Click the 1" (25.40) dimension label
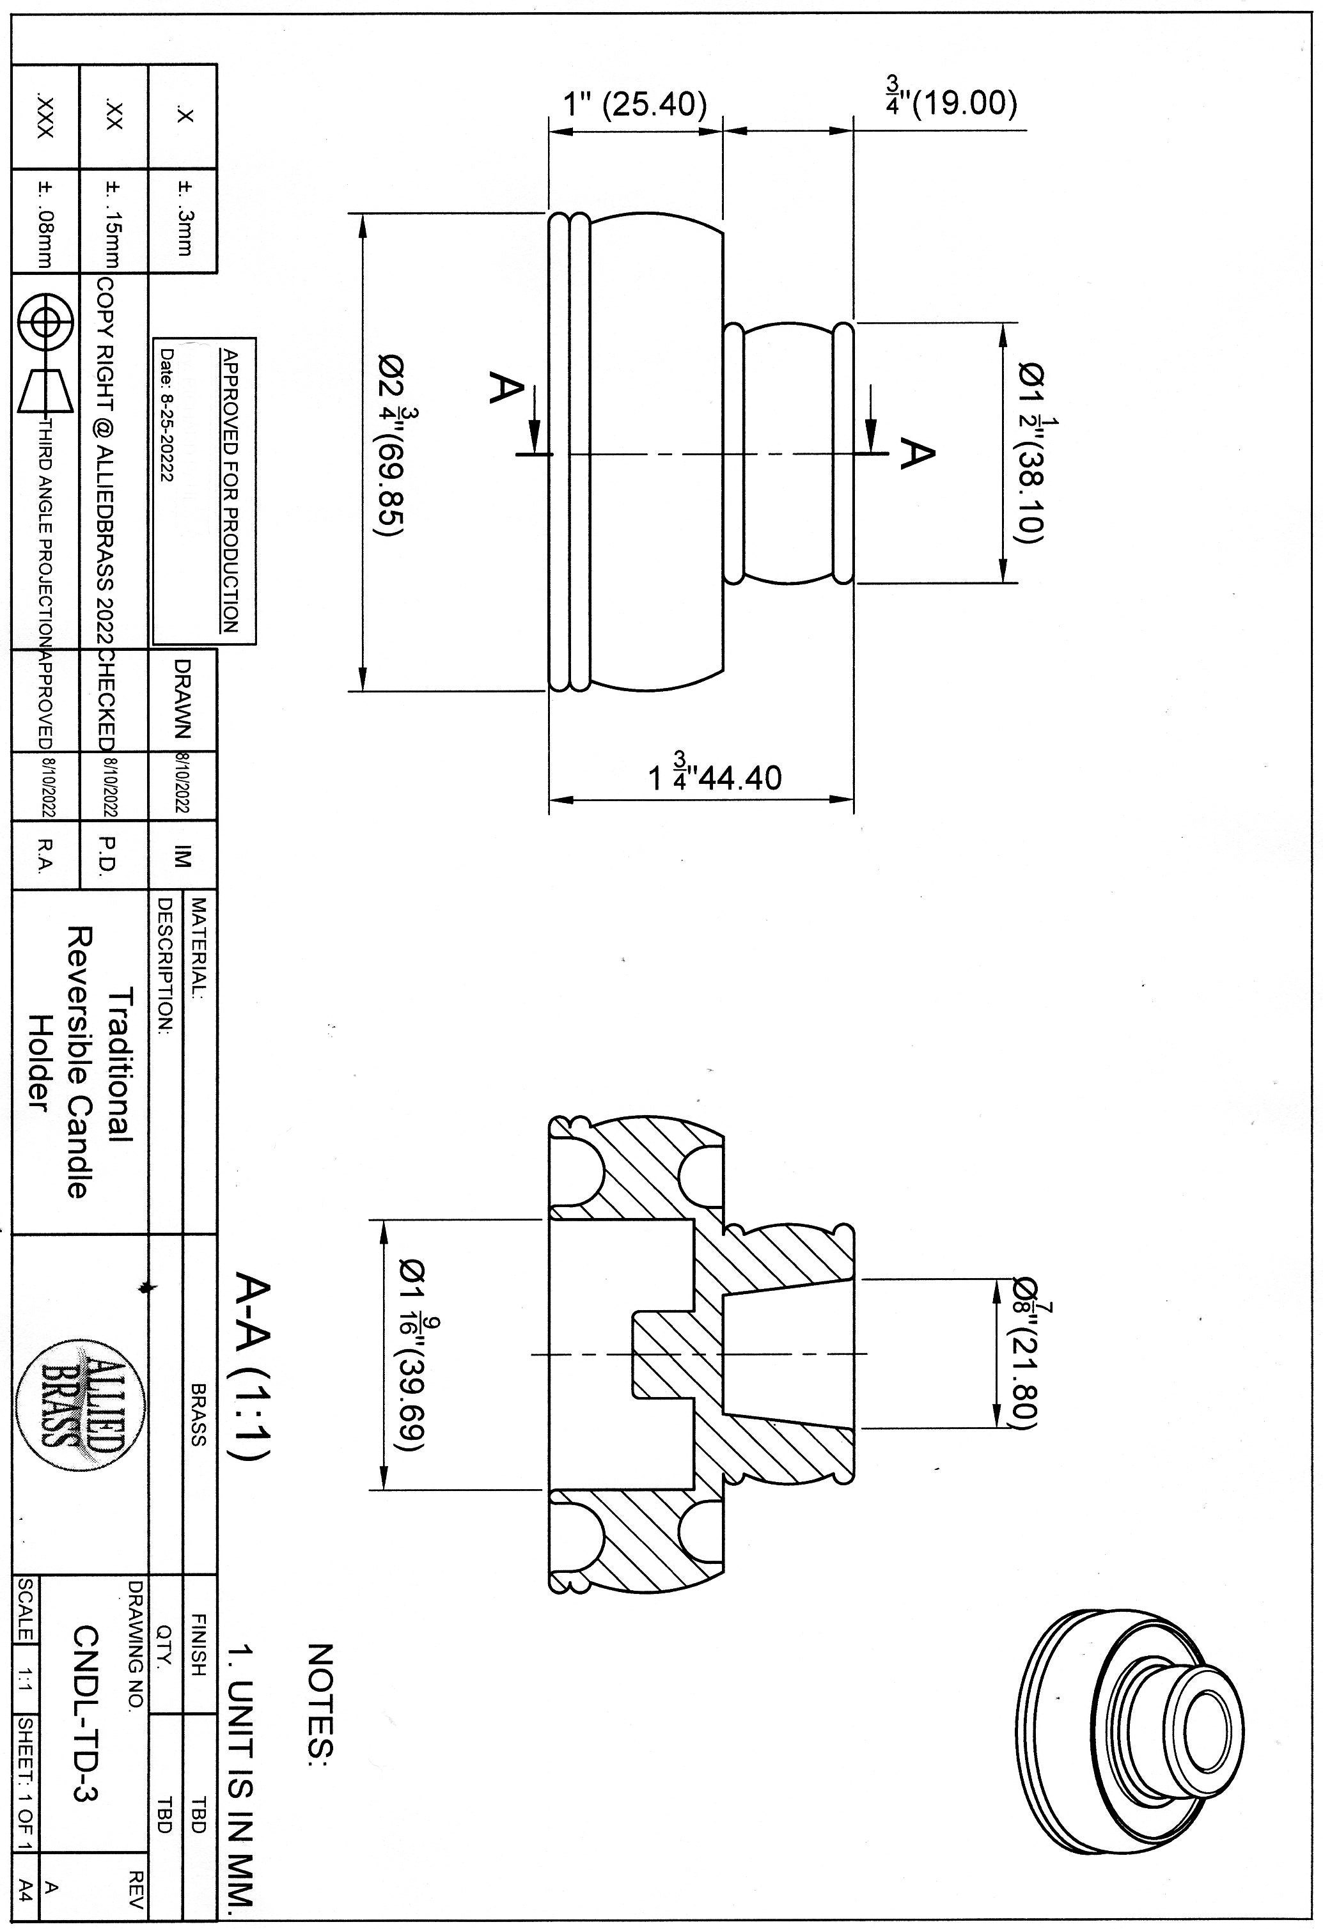635,105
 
